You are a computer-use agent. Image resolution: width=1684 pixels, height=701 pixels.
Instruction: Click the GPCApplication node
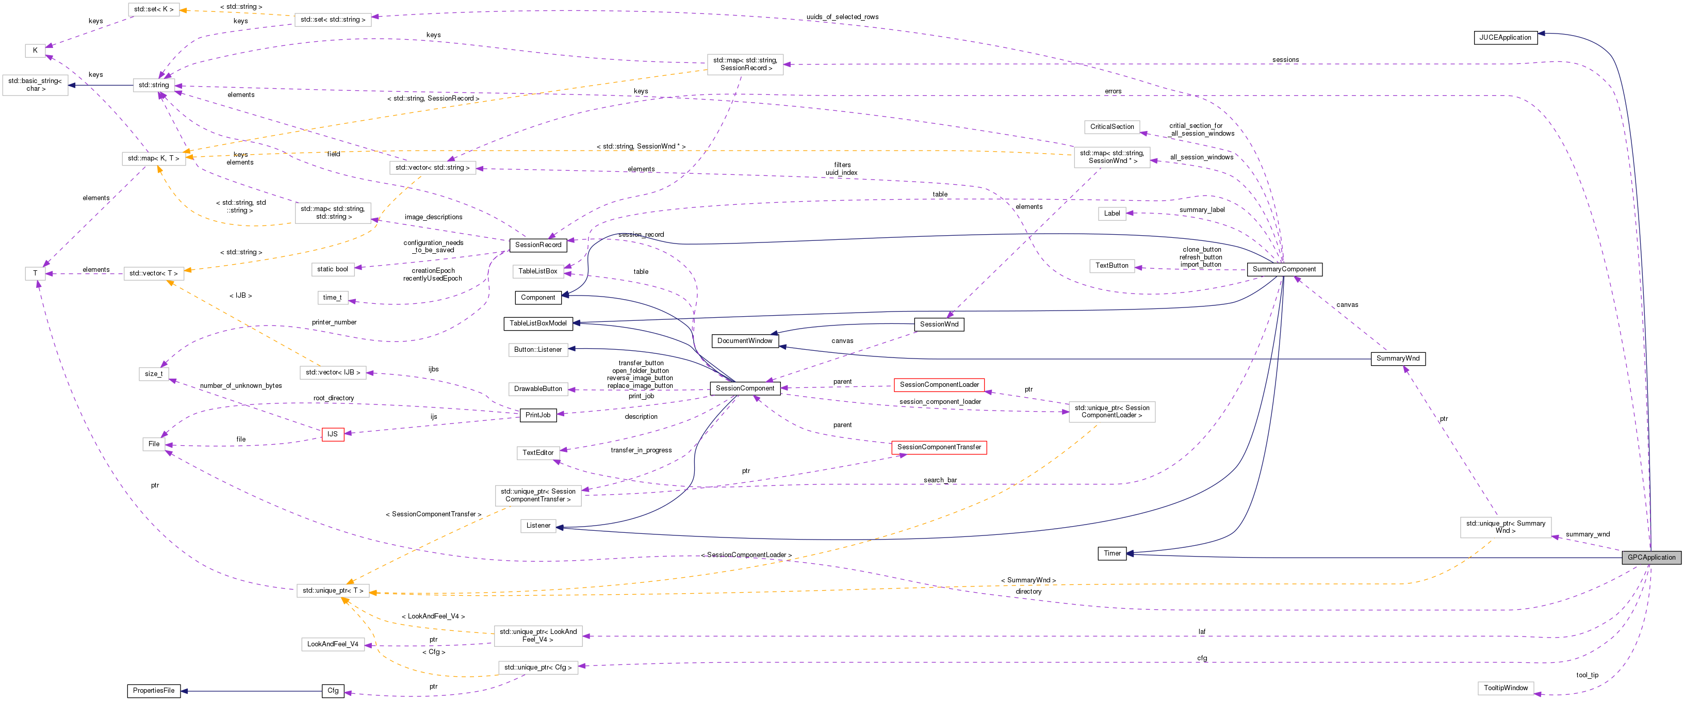click(1652, 557)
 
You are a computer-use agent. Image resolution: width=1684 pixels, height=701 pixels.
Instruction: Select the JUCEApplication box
click(1505, 37)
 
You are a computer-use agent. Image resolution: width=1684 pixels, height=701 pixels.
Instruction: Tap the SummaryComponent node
click(1284, 269)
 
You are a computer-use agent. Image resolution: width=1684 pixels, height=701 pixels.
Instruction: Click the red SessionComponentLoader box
click(939, 384)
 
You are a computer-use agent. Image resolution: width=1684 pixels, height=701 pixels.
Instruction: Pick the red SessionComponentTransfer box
click(939, 447)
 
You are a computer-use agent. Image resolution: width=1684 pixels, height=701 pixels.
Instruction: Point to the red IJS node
click(332, 434)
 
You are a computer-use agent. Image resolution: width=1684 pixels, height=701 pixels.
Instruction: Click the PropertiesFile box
click(154, 691)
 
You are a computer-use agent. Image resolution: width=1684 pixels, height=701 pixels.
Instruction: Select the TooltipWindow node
click(1506, 688)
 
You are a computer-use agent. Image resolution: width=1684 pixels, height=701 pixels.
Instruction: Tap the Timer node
click(1112, 553)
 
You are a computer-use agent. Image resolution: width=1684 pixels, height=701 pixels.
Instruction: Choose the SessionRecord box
click(538, 244)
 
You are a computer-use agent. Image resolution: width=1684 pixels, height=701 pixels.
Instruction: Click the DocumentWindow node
click(745, 340)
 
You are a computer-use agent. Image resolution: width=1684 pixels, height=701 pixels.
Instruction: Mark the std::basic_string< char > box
click(35, 85)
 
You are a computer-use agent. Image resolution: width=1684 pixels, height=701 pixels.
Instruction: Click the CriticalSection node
click(1112, 127)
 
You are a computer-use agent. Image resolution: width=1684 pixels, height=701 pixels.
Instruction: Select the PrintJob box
click(538, 415)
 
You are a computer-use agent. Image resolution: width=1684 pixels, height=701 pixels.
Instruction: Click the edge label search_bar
click(940, 480)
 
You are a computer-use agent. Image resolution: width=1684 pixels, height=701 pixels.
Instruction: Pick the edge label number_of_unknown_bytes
click(240, 386)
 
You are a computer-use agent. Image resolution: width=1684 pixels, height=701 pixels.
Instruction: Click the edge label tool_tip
click(1587, 675)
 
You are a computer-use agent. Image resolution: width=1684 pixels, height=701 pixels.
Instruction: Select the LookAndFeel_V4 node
click(332, 644)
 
